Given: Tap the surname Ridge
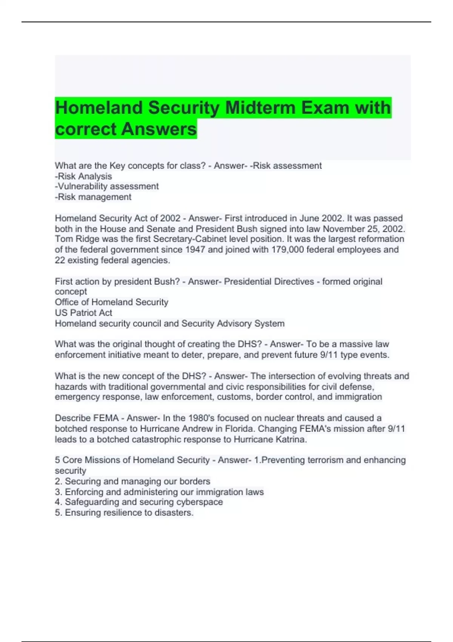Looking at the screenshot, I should point(86,239).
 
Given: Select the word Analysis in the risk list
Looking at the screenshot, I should point(95,176).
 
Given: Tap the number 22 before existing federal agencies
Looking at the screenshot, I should point(60,260).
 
